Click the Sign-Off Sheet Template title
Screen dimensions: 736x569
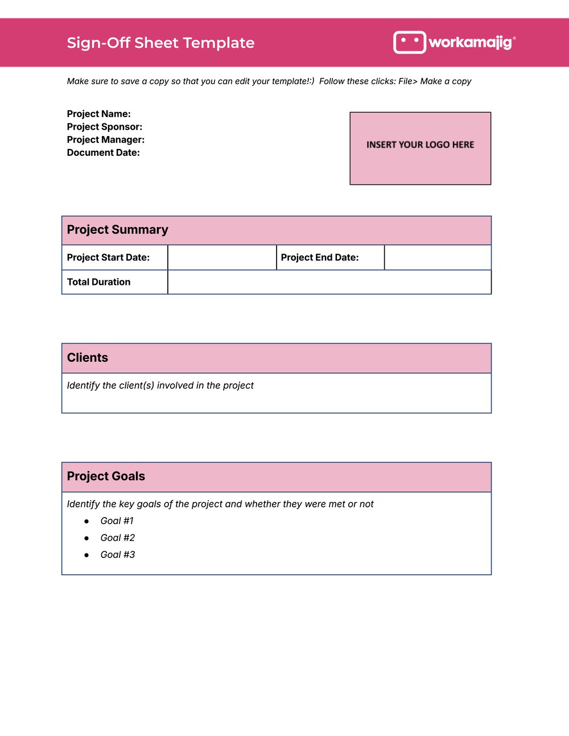click(x=160, y=43)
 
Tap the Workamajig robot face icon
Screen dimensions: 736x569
click(x=409, y=42)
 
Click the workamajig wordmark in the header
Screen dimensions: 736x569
click(x=471, y=42)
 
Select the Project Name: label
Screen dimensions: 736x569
click(x=98, y=114)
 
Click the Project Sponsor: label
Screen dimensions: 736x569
click(x=104, y=127)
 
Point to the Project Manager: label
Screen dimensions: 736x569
click(x=105, y=139)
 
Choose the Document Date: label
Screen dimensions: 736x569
click(x=103, y=152)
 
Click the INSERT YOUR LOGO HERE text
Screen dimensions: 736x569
click(x=420, y=144)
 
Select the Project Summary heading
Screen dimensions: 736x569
click(x=117, y=230)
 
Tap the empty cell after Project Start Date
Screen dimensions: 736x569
click(x=222, y=258)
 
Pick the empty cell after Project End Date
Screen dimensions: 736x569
click(x=438, y=258)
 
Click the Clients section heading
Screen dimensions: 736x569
click(x=87, y=358)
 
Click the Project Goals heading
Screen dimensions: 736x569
click(x=106, y=477)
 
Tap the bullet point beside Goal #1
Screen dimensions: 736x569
click(x=86, y=522)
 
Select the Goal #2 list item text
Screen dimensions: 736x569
click(x=117, y=538)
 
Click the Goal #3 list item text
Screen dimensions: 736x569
click(x=117, y=555)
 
